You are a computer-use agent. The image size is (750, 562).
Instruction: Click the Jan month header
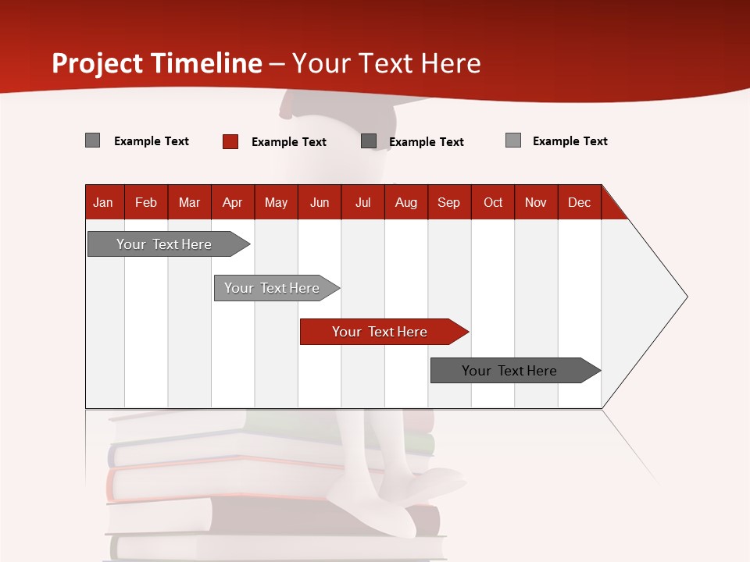[x=103, y=202]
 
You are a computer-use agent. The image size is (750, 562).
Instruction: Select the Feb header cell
[x=146, y=202]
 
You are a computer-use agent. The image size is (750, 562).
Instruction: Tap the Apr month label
[x=233, y=202]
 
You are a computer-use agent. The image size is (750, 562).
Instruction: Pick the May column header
[x=276, y=202]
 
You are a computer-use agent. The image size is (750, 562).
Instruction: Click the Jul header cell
[x=362, y=202]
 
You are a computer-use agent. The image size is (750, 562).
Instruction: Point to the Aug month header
[x=406, y=202]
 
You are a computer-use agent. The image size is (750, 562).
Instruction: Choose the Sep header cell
[x=449, y=202]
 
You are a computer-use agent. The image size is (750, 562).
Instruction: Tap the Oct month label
[x=493, y=202]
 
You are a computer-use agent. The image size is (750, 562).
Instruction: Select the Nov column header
[x=536, y=202]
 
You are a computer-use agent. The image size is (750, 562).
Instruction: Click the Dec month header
[x=579, y=202]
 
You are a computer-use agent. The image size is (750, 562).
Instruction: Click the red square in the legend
[x=230, y=141]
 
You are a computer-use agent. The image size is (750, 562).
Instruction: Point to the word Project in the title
[x=98, y=63]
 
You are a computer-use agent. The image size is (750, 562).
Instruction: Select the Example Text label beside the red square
[x=289, y=142]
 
